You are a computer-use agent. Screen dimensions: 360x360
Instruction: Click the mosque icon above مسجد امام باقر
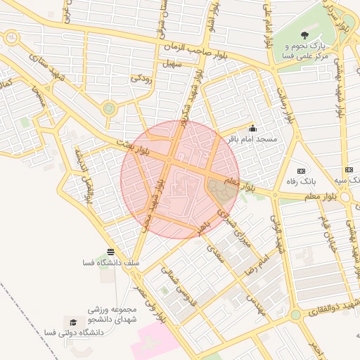click(x=252, y=129)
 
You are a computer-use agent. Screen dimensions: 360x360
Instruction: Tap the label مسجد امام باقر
click(x=252, y=139)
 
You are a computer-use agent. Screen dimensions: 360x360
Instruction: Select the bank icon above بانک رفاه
click(x=302, y=171)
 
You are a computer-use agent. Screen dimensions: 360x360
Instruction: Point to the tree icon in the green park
click(x=304, y=34)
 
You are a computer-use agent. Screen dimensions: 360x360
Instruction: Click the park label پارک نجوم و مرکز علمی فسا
click(x=304, y=55)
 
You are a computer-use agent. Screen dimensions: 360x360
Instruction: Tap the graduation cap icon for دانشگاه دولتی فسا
click(x=72, y=321)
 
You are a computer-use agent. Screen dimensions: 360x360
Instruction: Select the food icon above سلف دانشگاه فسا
click(x=110, y=252)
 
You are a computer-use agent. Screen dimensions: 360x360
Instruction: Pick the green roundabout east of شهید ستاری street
click(x=109, y=108)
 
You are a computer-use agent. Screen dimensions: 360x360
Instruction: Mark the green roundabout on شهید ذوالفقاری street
click(x=296, y=316)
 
